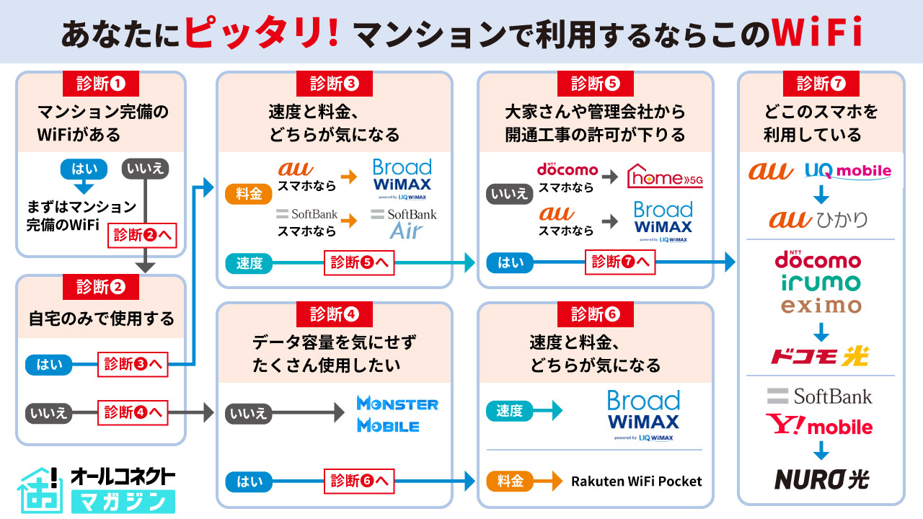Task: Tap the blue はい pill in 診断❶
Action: pos(84,169)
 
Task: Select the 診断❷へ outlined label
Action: pos(142,235)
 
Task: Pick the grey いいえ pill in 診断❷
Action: pos(49,413)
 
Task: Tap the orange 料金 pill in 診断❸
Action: pos(249,195)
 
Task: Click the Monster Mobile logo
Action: pos(397,414)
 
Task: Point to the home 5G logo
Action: pos(665,176)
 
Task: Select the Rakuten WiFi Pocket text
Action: pos(636,481)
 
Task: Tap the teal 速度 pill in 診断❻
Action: pos(509,411)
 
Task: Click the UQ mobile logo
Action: pos(848,171)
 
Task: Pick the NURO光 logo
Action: pos(821,479)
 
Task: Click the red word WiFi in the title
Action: pos(816,32)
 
